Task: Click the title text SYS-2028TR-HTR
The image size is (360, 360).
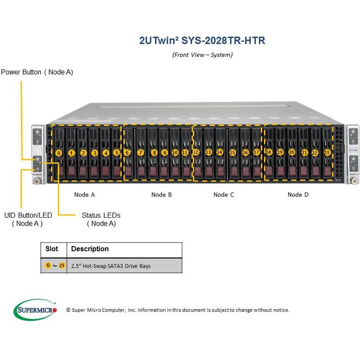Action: click(x=202, y=40)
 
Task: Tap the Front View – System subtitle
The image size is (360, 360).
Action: click(x=202, y=55)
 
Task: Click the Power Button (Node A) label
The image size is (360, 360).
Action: click(x=37, y=72)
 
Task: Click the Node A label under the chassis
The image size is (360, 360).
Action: click(x=85, y=194)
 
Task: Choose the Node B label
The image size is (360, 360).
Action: click(x=162, y=194)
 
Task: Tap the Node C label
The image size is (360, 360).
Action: click(x=224, y=194)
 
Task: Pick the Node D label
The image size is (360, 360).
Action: click(x=298, y=194)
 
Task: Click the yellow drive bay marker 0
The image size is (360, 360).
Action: click(x=59, y=153)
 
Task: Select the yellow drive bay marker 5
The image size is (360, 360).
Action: click(x=117, y=153)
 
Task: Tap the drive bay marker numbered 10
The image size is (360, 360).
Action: click(x=175, y=153)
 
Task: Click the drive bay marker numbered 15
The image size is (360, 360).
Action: click(x=232, y=153)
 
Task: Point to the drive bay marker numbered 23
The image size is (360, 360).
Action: click(x=327, y=153)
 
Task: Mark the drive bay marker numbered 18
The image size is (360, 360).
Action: click(x=269, y=152)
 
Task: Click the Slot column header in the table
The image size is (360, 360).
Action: click(x=52, y=249)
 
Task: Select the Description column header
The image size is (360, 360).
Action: click(x=90, y=249)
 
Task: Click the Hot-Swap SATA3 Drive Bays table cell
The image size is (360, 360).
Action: click(x=111, y=266)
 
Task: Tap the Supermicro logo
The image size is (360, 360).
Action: click(x=36, y=310)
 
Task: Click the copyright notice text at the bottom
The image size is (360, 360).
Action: click(x=177, y=310)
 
